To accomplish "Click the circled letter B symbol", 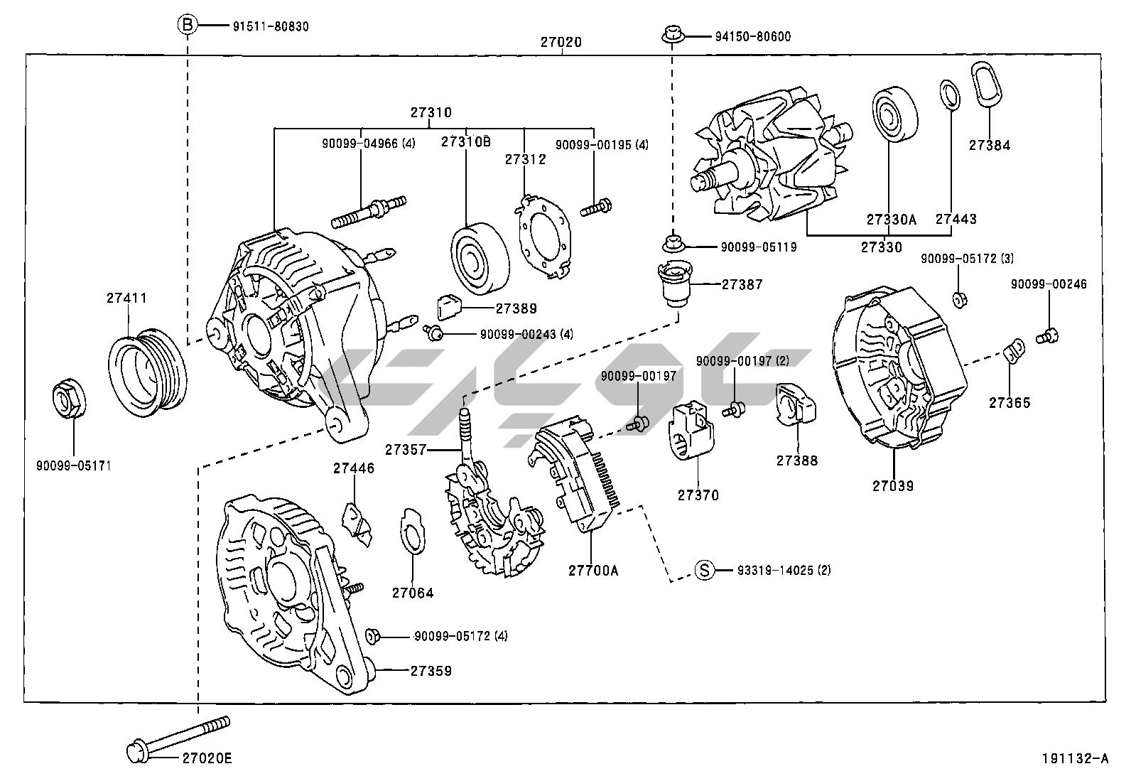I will coord(186,26).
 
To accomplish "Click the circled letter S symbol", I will coord(703,570).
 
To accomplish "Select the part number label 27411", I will coord(127,298).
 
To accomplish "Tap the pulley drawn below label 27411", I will coord(148,370).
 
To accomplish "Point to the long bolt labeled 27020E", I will coord(178,737).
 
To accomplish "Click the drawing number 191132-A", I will coord(1076,758).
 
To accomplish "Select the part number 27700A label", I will coord(593,569).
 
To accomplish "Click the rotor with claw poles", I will coord(767,160).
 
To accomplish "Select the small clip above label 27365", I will coord(1014,350).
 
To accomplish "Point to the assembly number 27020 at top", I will coord(561,42).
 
